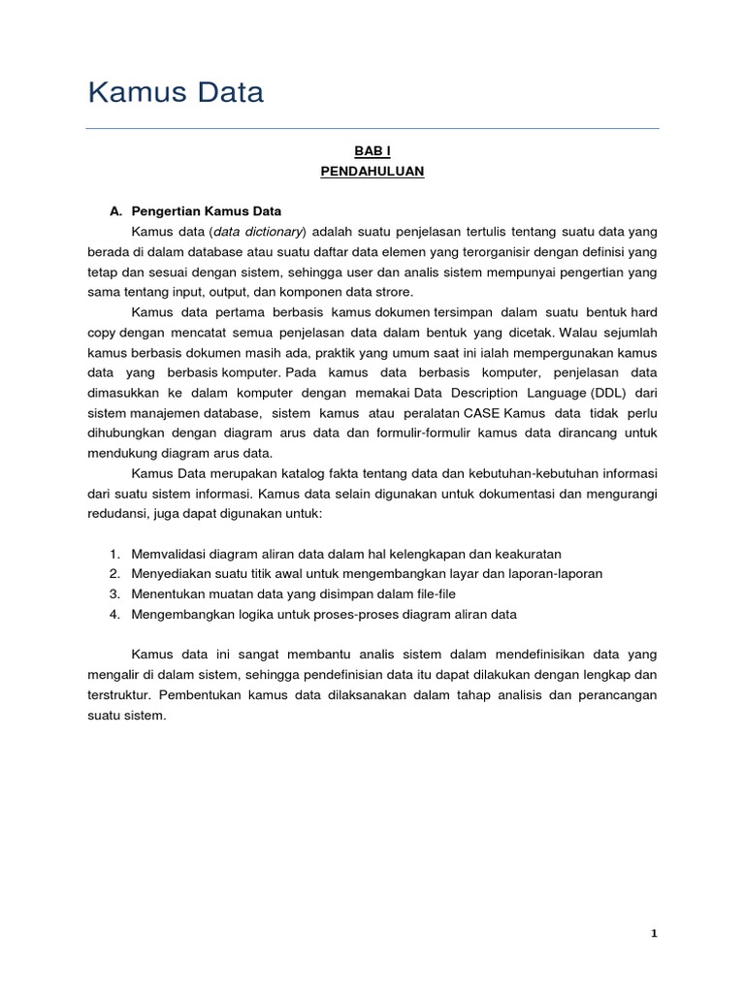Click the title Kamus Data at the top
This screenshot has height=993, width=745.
tap(176, 93)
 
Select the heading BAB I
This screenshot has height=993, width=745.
tap(372, 150)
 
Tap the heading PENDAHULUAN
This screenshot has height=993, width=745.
tap(372, 172)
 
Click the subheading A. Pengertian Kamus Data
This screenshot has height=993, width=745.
tap(195, 210)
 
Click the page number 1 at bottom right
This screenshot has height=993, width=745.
tap(654, 933)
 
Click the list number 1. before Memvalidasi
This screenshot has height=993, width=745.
tap(113, 554)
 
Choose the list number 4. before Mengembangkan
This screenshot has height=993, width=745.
tap(113, 614)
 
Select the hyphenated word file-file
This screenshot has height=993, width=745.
tap(433, 593)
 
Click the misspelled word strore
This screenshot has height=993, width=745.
tap(393, 291)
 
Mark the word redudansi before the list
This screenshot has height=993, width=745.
tap(113, 512)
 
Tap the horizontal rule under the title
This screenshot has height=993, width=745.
tap(372, 128)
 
